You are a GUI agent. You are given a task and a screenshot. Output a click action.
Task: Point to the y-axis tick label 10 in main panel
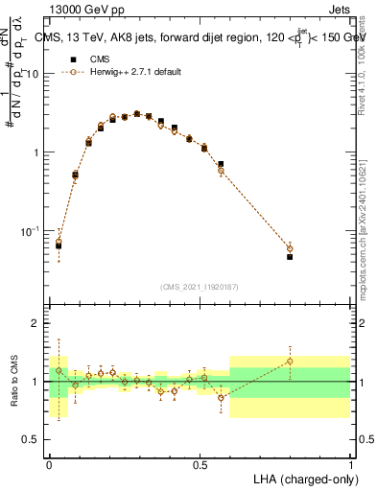tap(33, 74)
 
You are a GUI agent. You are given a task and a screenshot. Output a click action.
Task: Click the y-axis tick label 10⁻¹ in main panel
tap(31, 230)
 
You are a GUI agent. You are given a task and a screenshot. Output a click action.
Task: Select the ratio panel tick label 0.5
tap(32, 439)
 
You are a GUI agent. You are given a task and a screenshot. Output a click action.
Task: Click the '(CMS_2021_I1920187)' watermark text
tap(200, 287)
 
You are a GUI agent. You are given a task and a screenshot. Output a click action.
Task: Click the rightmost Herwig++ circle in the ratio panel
tap(290, 362)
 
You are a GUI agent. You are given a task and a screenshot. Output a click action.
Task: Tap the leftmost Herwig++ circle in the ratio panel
tap(59, 370)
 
